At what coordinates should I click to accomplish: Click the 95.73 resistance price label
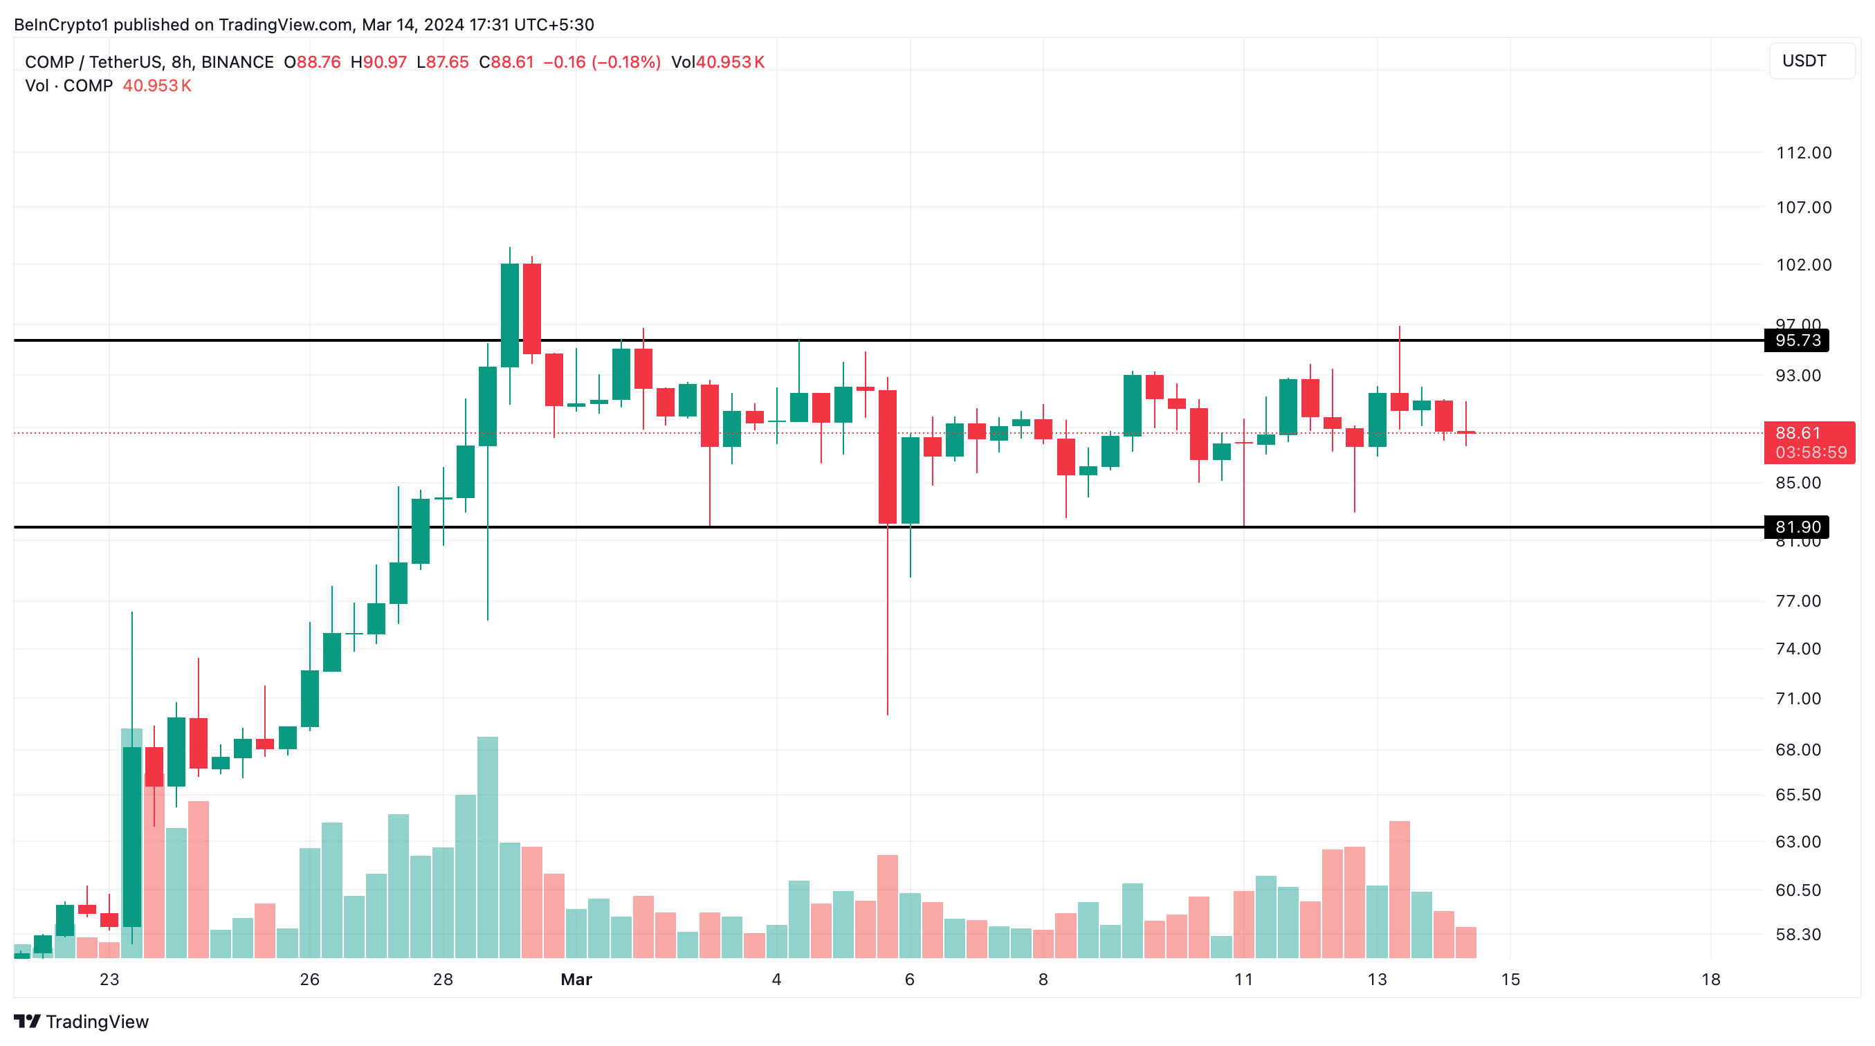[1796, 340]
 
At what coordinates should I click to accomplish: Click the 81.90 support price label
[1796, 526]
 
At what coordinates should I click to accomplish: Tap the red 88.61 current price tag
[1797, 433]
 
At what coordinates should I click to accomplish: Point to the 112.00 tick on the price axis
[1804, 153]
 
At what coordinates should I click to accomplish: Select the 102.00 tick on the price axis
[1804, 265]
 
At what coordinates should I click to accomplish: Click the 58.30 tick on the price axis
[1798, 934]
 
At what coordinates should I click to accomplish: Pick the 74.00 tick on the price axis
[1798, 649]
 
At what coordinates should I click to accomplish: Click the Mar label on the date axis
[576, 979]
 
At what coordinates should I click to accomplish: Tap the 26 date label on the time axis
[309, 979]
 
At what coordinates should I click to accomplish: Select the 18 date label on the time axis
[1710, 979]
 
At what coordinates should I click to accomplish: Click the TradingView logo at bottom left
[82, 1021]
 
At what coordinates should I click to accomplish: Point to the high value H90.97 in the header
[378, 62]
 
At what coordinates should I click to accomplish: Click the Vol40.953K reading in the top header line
[717, 62]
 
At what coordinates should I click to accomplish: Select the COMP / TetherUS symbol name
[94, 62]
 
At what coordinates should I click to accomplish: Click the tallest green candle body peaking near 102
[509, 315]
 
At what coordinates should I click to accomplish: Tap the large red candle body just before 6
[887, 457]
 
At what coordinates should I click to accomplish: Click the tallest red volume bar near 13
[1399, 889]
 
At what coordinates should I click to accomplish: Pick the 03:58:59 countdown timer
[1810, 452]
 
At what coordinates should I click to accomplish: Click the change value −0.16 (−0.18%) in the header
[602, 62]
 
